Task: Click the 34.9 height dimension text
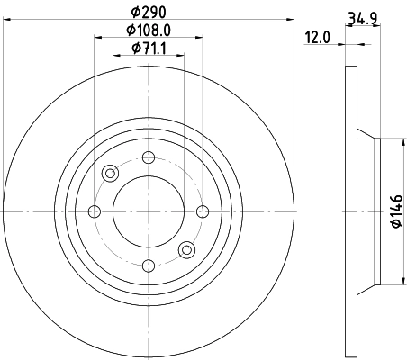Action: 361,15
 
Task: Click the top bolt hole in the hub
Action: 148,159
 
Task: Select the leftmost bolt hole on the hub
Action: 95,211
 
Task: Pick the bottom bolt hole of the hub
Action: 148,265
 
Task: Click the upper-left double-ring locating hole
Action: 110,174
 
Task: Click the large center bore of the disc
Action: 148,211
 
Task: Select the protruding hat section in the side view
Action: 367,211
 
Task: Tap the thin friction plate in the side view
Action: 350,211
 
